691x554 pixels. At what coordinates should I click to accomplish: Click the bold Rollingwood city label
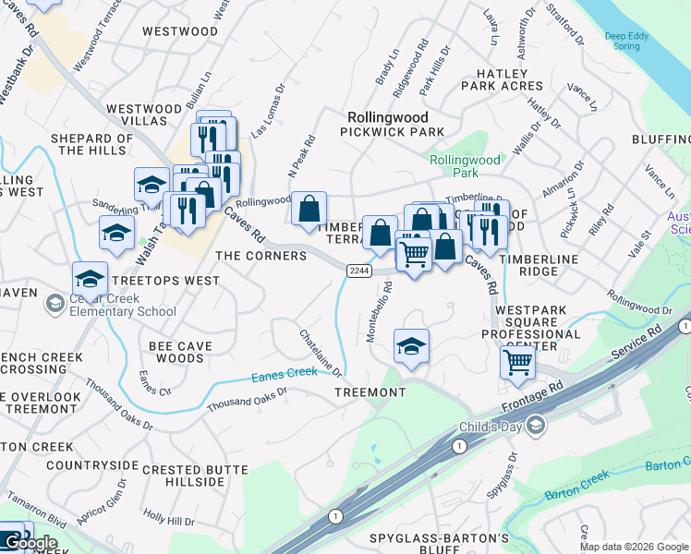click(388, 117)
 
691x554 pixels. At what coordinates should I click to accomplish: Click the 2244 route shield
click(359, 270)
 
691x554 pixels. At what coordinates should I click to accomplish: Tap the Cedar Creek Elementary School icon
click(55, 303)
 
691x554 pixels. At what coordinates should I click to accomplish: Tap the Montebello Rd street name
click(378, 313)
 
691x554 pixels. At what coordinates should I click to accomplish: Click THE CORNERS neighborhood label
click(261, 256)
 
